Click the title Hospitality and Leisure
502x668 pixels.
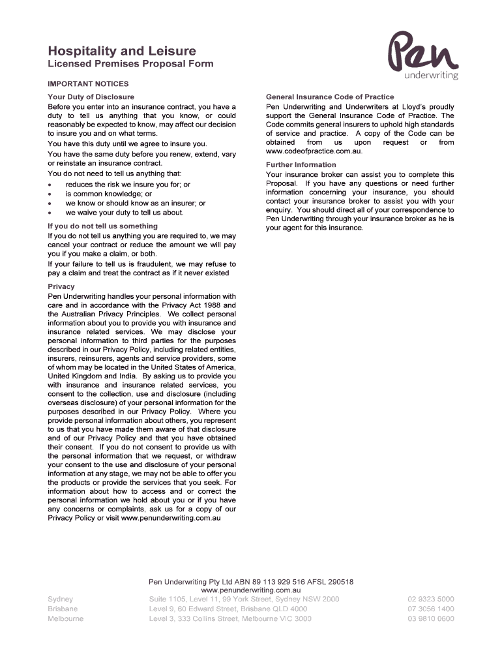pos(122,51)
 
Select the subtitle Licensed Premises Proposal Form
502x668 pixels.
pos(130,64)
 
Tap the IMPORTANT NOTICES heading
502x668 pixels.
pos(88,84)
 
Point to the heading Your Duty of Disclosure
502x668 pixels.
pos(91,97)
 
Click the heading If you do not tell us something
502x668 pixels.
pos(103,226)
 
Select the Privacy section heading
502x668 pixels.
pos(61,286)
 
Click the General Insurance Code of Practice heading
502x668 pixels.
pos(330,97)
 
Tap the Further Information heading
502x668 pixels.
pos(301,165)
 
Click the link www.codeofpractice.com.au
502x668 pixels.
pos(314,151)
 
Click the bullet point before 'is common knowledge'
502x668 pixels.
pos(50,194)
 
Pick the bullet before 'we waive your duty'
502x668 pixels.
pos(50,213)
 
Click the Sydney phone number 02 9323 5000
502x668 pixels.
pos(431,599)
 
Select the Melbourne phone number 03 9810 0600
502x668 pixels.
pos(431,619)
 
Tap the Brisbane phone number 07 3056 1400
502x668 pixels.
pos(431,609)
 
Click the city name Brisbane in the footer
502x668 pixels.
pos(63,609)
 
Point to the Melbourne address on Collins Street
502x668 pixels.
pos(230,619)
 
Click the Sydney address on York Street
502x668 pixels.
pos(244,599)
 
